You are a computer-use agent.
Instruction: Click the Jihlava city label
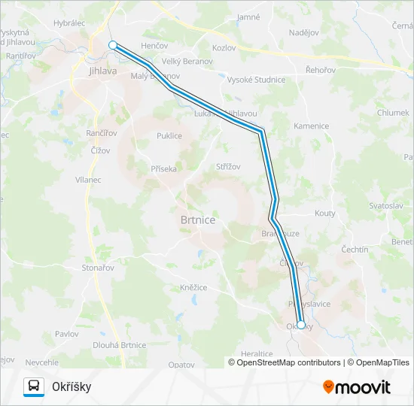(103, 71)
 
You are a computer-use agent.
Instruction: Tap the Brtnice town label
(198, 220)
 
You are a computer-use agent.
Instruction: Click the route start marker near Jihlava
(113, 45)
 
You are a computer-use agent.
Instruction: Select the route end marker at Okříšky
(301, 325)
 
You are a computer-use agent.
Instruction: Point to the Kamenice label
(312, 126)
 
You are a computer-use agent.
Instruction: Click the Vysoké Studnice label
(257, 80)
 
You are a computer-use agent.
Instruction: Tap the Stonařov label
(99, 267)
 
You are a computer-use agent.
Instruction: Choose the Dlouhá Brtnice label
(119, 345)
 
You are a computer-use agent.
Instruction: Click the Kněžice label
(193, 287)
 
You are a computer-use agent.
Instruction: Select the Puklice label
(169, 136)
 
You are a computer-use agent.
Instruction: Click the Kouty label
(325, 214)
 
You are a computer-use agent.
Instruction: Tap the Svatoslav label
(387, 205)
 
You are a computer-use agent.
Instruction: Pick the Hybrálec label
(69, 24)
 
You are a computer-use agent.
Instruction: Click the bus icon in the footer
(33, 386)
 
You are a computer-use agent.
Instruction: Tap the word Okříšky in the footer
(72, 386)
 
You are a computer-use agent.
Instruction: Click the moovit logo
(357, 387)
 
